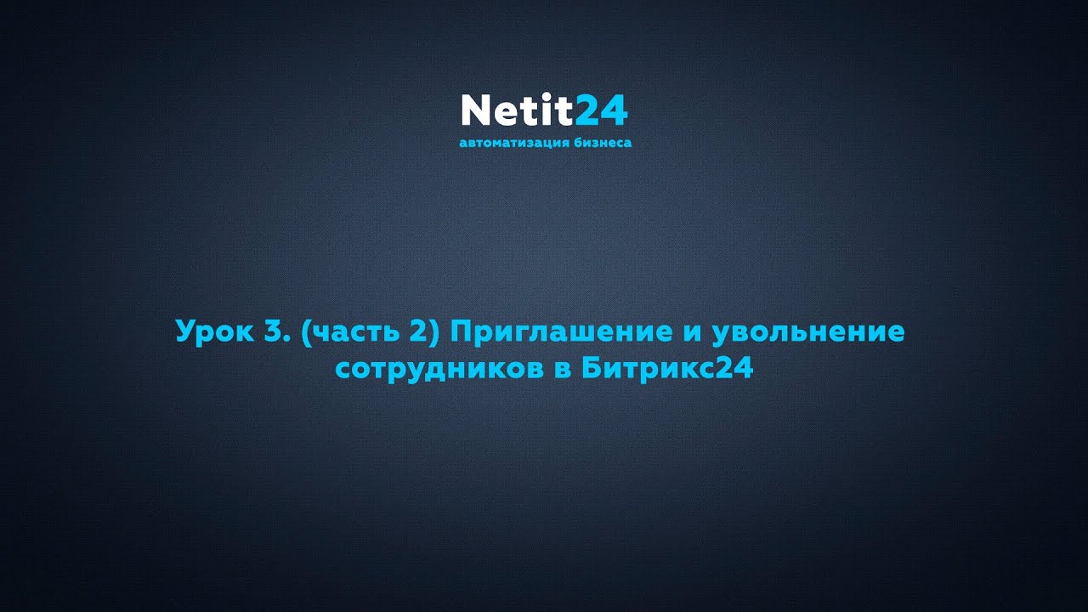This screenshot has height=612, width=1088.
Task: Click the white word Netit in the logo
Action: pyautogui.click(x=517, y=110)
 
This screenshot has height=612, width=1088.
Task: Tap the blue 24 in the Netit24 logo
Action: pyautogui.click(x=601, y=110)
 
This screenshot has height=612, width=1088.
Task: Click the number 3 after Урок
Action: pyautogui.click(x=272, y=331)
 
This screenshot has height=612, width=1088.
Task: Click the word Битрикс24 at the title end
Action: pyautogui.click(x=668, y=370)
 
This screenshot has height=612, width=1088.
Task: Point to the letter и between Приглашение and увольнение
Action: pyautogui.click(x=690, y=332)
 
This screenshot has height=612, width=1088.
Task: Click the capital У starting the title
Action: pyautogui.click(x=184, y=331)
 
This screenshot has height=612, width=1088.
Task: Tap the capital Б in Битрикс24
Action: pyautogui.click(x=592, y=370)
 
